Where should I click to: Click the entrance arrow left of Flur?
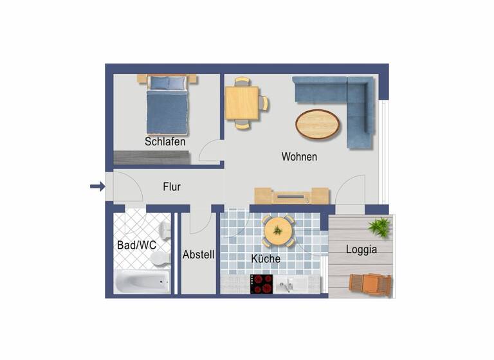[x=97, y=186]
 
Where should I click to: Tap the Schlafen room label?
[x=165, y=141]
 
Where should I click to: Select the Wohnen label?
[x=299, y=156]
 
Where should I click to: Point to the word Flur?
[x=172, y=187]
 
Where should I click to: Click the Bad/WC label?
[x=136, y=245]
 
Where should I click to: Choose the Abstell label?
[x=198, y=255]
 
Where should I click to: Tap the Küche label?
[x=266, y=258]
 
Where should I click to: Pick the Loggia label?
[x=361, y=249]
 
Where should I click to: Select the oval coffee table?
[x=318, y=123]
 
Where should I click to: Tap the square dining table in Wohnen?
[x=242, y=103]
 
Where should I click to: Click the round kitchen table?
[x=279, y=230]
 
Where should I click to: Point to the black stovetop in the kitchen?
[x=261, y=283]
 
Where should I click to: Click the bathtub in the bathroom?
[x=143, y=282]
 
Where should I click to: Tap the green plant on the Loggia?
[x=380, y=227]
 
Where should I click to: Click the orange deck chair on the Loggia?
[x=370, y=284]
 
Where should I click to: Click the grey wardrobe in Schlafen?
[x=152, y=157]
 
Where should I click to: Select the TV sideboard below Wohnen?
[x=291, y=195]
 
